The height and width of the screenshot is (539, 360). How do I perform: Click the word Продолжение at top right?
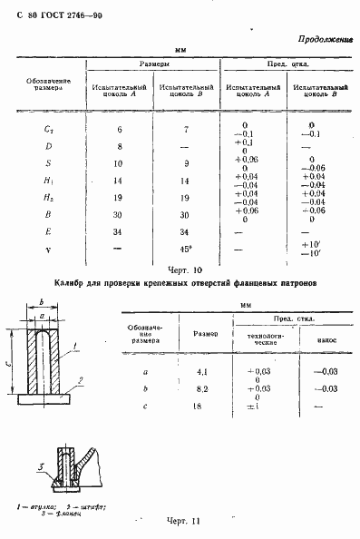click(323, 40)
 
